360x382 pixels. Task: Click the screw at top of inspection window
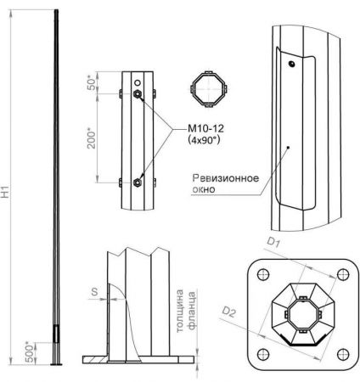tap(291, 63)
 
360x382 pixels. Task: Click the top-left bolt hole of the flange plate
tap(262, 274)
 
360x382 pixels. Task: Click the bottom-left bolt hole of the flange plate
tap(262, 355)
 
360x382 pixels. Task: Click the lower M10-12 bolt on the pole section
tap(138, 180)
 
